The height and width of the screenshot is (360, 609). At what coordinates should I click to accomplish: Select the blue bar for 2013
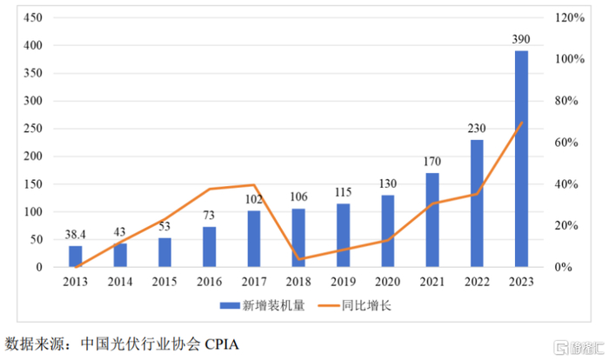point(76,257)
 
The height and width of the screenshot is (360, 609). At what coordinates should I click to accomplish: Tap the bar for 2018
point(298,237)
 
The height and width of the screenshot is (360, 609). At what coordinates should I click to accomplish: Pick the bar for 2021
point(432,220)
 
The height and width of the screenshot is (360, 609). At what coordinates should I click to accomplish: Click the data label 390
point(520,39)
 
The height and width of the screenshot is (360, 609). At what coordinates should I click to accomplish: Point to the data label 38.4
point(76,235)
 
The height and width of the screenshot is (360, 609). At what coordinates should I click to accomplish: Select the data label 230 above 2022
point(476,128)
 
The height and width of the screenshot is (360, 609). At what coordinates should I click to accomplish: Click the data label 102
point(253,199)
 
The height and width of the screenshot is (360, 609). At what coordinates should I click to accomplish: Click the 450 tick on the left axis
point(31,17)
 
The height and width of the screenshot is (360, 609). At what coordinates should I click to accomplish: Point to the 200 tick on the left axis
point(31,157)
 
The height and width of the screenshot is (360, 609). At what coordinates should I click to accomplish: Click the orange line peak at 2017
point(253,184)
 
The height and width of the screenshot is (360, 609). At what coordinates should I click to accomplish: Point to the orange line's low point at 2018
point(298,259)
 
